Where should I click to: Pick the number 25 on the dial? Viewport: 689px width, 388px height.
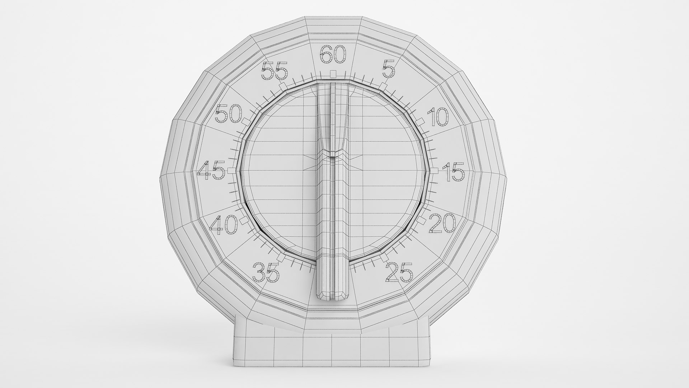(x=399, y=272)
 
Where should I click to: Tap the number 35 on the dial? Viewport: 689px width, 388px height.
(x=266, y=272)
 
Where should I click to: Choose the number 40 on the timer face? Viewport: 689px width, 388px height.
(x=224, y=225)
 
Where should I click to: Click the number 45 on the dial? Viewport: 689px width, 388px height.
(x=211, y=171)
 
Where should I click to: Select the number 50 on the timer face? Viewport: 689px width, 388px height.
(x=229, y=115)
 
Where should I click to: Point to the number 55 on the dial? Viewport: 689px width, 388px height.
(x=275, y=71)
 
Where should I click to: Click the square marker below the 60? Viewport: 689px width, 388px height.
(x=333, y=74)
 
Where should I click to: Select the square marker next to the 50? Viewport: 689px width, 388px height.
(x=246, y=121)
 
